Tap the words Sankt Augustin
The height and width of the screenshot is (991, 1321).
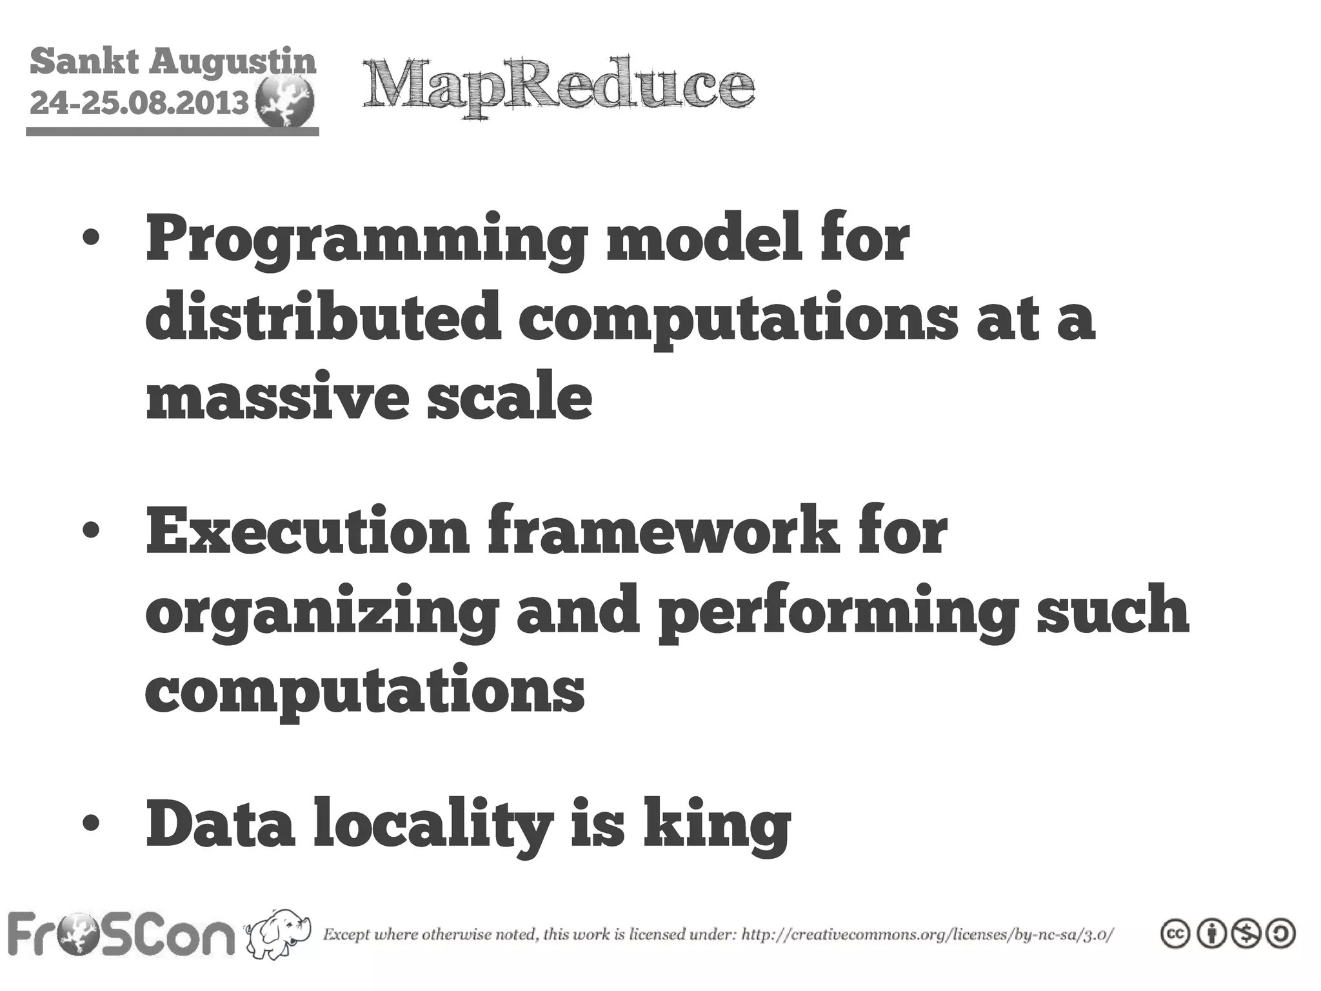173,63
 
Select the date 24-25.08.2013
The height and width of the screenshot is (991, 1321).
139,102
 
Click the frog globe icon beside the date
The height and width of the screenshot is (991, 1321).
284,103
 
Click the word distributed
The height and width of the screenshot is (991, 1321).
323,317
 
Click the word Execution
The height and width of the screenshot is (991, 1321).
308,532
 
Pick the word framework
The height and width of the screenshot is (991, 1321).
664,532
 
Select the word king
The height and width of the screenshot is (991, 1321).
716,826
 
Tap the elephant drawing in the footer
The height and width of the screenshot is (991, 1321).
278,934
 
